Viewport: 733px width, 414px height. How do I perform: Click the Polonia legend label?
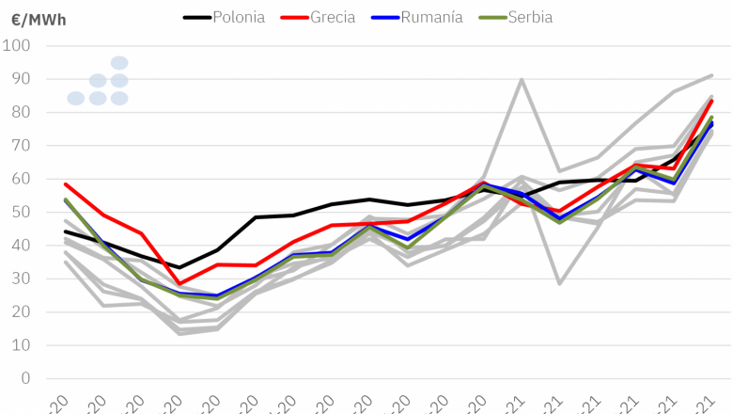(239, 17)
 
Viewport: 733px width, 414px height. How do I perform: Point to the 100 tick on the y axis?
(17, 46)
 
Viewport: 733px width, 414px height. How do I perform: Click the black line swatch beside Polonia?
(195, 17)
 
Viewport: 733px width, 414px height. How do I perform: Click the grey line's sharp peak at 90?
(522, 79)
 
